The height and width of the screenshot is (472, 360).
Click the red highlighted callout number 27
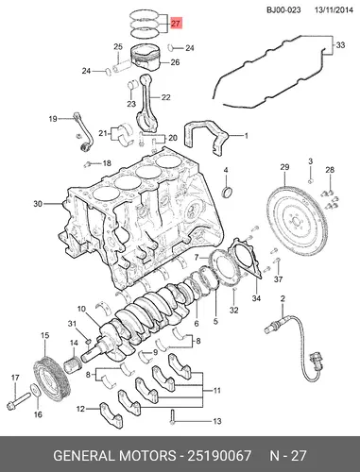[x=176, y=24]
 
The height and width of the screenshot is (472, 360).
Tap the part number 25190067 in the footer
[x=219, y=456]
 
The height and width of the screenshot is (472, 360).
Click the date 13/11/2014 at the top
[x=334, y=10]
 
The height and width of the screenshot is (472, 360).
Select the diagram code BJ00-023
[x=283, y=10]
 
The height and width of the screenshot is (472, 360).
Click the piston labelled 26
[x=146, y=57]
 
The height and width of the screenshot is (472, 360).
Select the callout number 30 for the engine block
[x=38, y=204]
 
